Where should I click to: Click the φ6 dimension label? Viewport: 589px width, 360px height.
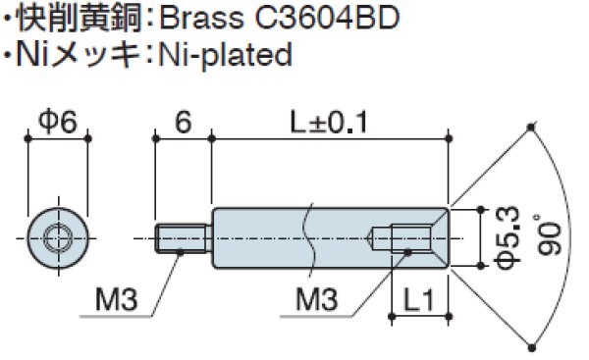click(x=57, y=122)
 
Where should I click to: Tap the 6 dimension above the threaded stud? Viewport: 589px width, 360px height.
click(x=182, y=122)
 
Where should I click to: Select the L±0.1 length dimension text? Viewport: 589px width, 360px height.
click(x=329, y=122)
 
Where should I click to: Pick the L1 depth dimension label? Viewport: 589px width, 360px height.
click(x=419, y=304)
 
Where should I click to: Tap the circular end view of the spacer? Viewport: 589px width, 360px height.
click(x=58, y=235)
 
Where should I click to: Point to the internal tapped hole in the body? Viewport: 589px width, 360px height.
click(x=407, y=236)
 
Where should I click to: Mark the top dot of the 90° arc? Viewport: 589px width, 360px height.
click(x=531, y=126)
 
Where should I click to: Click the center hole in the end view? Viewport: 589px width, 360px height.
click(x=58, y=235)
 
